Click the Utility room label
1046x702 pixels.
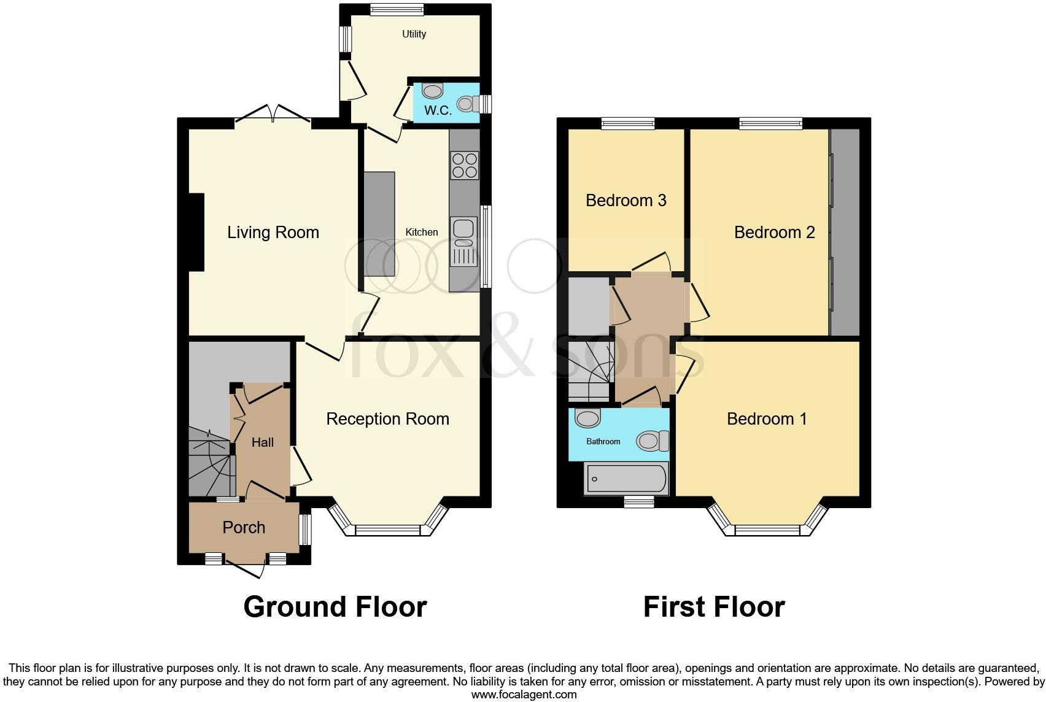pos(414,34)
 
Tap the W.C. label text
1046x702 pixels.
pos(438,110)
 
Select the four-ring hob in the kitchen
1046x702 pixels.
pos(465,165)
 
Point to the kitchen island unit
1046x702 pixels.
pos(380,223)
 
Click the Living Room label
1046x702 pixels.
pos(273,233)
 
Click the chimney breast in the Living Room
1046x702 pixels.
pos(196,232)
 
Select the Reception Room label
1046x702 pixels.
pos(387,419)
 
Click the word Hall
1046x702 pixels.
pos(263,442)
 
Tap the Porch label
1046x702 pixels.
pos(244,528)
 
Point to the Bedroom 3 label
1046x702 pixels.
pos(626,201)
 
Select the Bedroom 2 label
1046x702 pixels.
pos(774,233)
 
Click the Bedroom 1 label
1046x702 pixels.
pos(767,419)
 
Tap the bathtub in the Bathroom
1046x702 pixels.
pos(626,479)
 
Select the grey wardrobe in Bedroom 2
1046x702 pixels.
pos(845,233)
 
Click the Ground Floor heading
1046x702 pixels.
pos(335,607)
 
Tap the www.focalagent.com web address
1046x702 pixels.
pos(524,695)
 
